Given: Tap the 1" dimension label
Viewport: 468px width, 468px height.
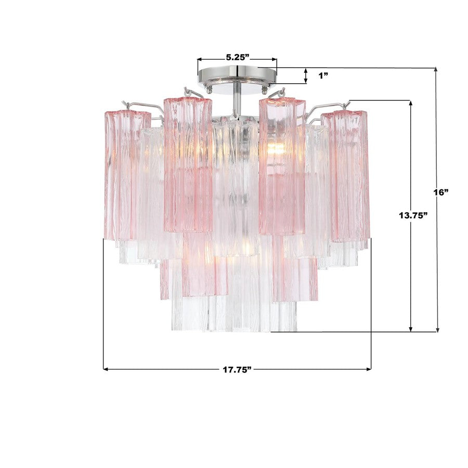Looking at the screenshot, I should (x=323, y=76).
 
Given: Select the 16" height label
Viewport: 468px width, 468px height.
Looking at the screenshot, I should (x=440, y=192).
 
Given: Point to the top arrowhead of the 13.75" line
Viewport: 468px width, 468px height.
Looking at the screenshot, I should (x=411, y=103).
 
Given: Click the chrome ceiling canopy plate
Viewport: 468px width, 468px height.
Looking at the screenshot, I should (x=237, y=75).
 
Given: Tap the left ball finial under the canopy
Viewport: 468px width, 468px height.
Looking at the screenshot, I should (x=209, y=90).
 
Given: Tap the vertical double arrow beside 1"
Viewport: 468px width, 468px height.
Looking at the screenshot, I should (x=306, y=76).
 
